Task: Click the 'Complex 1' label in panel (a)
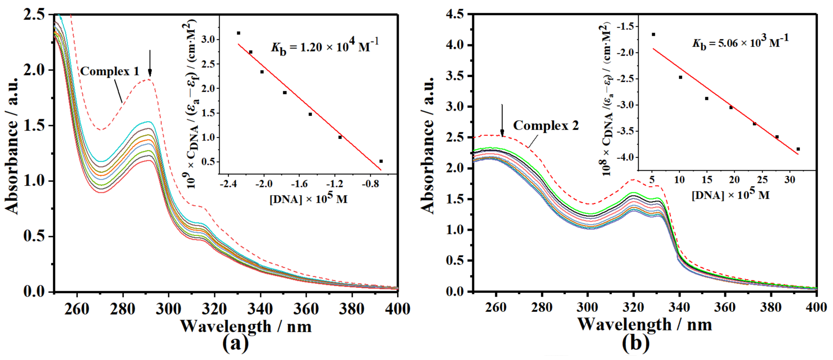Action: (110, 71)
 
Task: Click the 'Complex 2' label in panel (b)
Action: (546, 126)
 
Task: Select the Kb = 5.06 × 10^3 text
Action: (740, 43)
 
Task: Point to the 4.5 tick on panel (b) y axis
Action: (455, 15)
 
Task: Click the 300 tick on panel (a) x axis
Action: (169, 309)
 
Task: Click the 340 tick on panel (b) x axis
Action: (679, 308)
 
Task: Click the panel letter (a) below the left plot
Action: (236, 344)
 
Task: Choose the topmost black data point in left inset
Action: (239, 33)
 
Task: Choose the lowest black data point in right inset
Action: (798, 149)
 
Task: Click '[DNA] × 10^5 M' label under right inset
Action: (730, 195)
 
